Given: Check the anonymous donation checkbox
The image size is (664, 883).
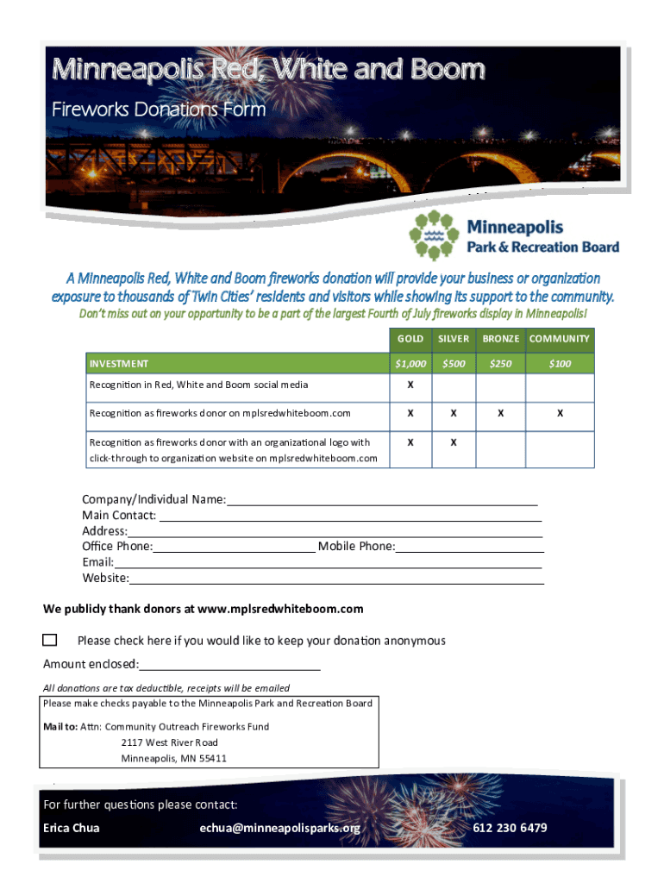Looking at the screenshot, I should [x=50, y=640].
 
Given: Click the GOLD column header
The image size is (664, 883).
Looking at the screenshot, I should [x=410, y=339].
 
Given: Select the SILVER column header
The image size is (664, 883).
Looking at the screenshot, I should [x=454, y=339].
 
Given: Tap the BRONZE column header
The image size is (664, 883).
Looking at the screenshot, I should [x=500, y=339].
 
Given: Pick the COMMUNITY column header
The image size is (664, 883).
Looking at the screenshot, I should [x=560, y=339].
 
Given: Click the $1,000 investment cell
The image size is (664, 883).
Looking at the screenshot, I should [x=410, y=364].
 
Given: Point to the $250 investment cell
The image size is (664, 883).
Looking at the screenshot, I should [x=500, y=364].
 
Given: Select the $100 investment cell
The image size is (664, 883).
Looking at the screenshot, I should [x=560, y=364].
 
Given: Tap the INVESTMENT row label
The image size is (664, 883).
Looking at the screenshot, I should [x=119, y=364].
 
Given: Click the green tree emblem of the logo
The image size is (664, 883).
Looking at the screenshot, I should [x=433, y=235].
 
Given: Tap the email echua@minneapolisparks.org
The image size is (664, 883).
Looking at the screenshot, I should [x=279, y=829].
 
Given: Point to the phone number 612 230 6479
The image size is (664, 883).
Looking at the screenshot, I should [x=510, y=829].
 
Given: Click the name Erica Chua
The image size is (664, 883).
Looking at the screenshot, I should [x=72, y=829].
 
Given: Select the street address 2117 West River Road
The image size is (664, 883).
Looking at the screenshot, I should [x=170, y=742].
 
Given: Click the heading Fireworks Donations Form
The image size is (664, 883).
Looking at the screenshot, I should [x=159, y=110].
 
